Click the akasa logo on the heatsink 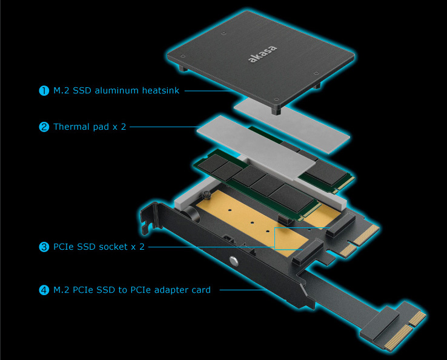[x=262, y=53]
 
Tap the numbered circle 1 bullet [x=44, y=91]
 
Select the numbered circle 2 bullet [x=44, y=127]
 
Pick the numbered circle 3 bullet [x=44, y=247]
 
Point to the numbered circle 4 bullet [x=44, y=290]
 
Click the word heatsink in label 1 [x=161, y=90]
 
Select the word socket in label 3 [x=111, y=247]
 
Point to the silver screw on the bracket [x=233, y=261]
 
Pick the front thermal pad [x=256, y=148]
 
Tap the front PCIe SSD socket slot [x=308, y=252]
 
